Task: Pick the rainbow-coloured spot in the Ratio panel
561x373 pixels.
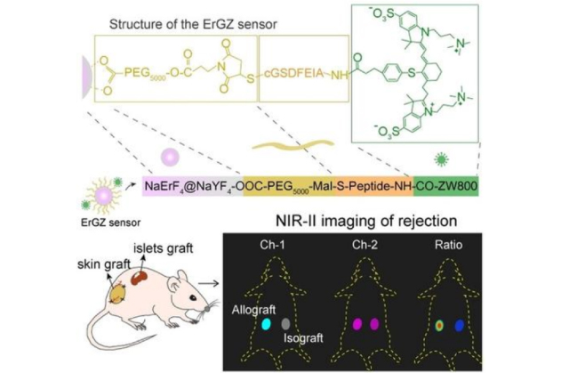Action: coord(438,326)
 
